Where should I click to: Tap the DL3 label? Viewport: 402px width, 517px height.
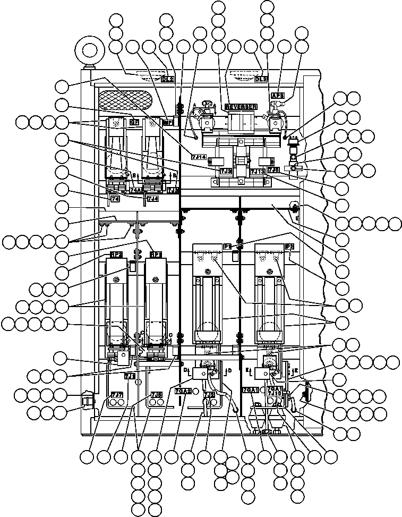tap(261, 79)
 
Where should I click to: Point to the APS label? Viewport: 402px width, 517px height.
tap(277, 96)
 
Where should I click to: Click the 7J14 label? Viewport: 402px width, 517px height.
tap(198, 157)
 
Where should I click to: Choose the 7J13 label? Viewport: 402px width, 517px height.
tap(258, 171)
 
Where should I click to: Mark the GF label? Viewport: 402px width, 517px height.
tap(134, 122)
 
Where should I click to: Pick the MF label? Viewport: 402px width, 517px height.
tap(168, 122)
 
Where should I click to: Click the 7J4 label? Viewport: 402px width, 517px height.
tap(152, 199)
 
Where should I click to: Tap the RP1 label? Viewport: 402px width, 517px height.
tap(156, 255)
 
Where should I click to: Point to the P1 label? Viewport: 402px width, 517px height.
tap(227, 247)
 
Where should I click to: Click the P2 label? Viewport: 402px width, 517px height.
tap(290, 247)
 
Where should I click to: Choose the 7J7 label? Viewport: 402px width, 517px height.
tap(117, 394)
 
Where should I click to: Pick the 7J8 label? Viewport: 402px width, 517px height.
tap(156, 394)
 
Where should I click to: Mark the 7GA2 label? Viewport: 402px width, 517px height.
tap(183, 391)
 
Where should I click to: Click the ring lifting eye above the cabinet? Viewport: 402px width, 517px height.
tap(88, 52)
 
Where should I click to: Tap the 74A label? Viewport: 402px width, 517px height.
tap(136, 190)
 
